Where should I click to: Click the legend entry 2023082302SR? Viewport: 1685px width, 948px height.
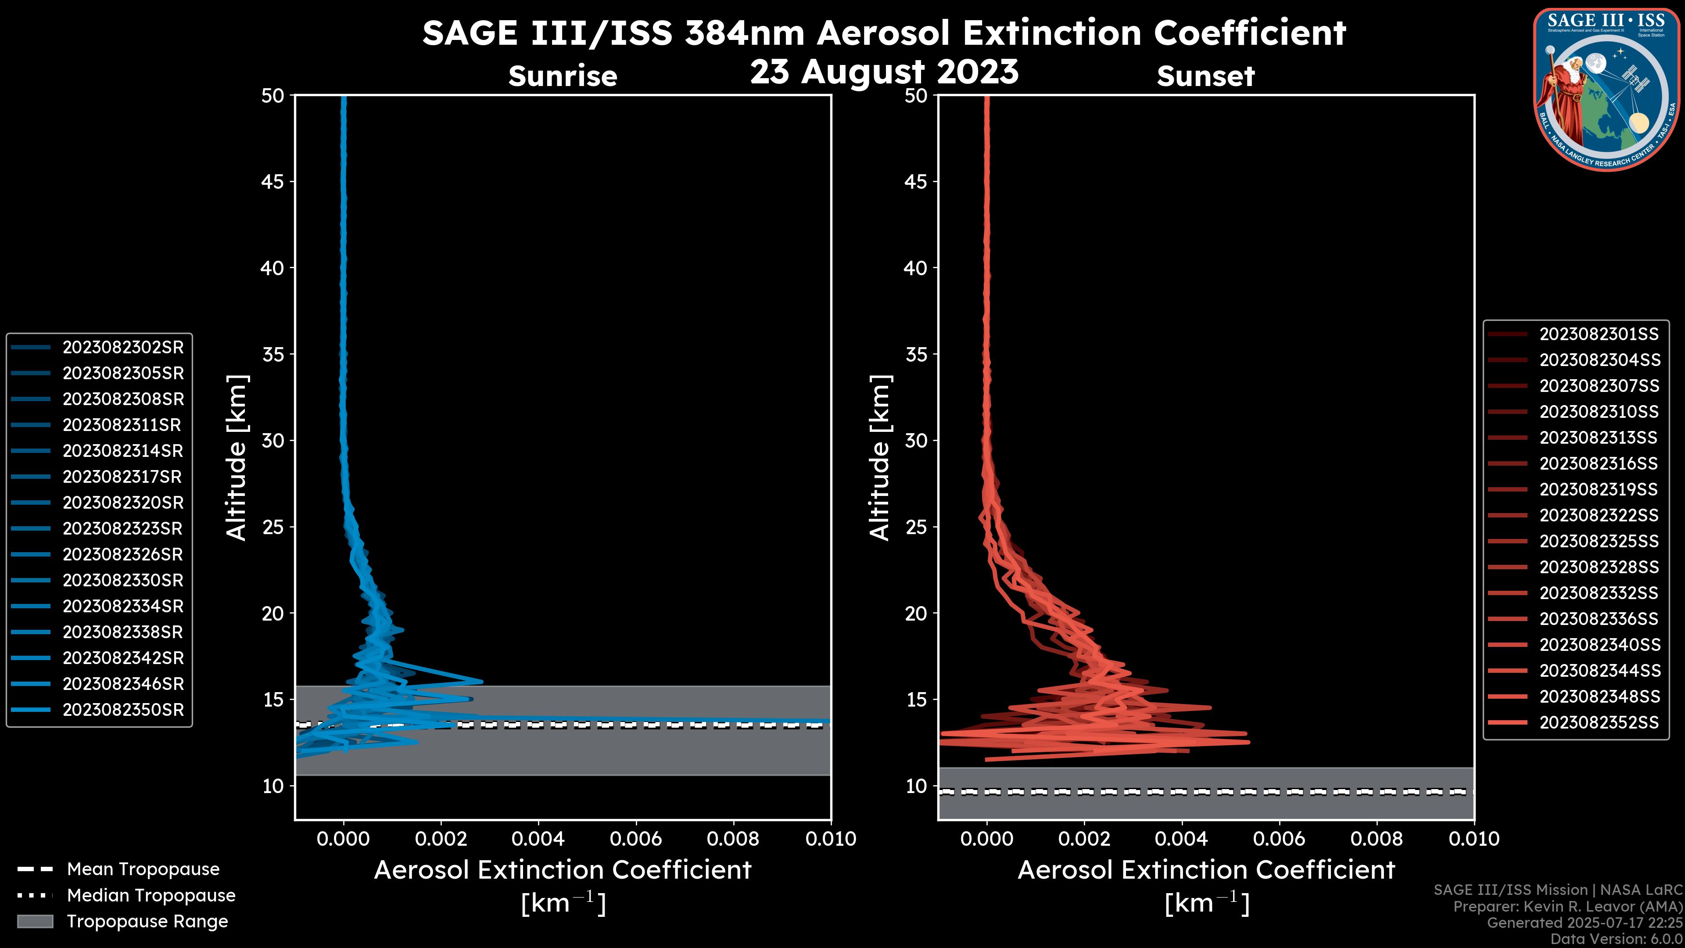(x=123, y=348)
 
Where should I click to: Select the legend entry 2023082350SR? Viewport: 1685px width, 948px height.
(x=123, y=710)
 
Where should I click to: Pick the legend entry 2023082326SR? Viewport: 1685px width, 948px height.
(x=123, y=555)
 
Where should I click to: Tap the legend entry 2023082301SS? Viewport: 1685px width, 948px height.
(x=1599, y=334)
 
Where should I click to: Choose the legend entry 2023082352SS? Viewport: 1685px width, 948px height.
(x=1599, y=722)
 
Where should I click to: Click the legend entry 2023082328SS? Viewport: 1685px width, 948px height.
(x=1599, y=567)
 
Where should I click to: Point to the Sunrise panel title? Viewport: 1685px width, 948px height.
(x=563, y=76)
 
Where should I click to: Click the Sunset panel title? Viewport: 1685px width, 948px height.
(x=1205, y=76)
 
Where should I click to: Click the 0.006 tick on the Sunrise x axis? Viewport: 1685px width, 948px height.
(x=636, y=839)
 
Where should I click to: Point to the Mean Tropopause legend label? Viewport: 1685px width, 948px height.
(x=143, y=869)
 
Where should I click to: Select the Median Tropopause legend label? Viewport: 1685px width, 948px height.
(x=151, y=896)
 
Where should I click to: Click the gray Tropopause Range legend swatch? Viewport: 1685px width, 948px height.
(x=35, y=922)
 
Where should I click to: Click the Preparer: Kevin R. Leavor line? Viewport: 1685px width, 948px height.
(x=1567, y=907)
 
